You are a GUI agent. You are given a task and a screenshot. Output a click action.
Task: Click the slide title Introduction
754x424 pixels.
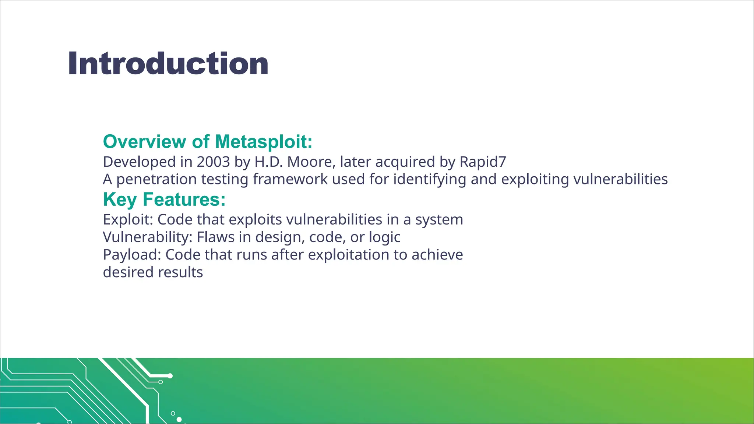click(168, 64)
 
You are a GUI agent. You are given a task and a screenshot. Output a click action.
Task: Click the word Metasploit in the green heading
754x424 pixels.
click(263, 142)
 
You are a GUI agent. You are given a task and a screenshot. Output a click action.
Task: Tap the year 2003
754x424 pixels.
click(213, 162)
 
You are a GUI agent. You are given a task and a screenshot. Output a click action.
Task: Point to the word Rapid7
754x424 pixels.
click(483, 162)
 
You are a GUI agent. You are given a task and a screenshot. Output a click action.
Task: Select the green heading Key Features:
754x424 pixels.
click(164, 199)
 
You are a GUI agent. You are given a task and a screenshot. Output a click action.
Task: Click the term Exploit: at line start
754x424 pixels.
click(128, 220)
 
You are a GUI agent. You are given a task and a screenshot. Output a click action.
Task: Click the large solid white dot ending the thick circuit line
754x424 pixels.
click(170, 376)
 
